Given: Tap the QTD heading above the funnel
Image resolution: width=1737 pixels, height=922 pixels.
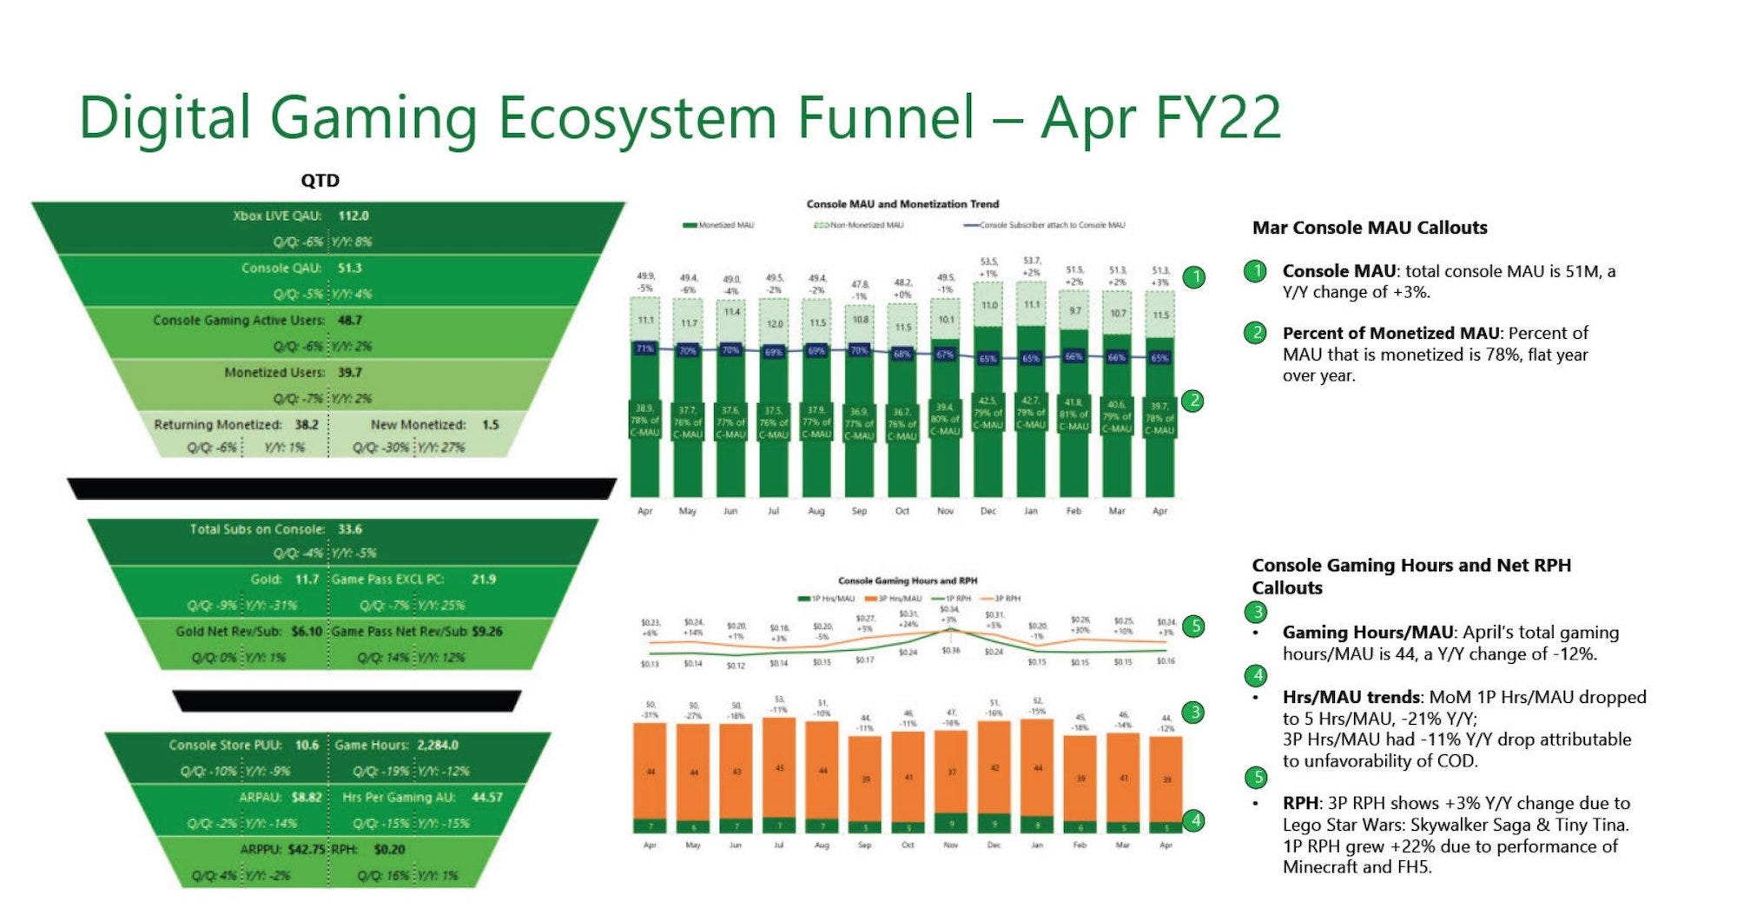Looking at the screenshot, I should point(320,181).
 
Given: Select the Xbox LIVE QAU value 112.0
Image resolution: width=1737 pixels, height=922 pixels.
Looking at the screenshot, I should point(353,216).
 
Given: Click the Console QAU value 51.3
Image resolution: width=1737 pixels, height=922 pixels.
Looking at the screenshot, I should point(349,268).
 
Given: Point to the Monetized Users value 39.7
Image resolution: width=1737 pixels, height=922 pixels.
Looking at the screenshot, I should point(349,372).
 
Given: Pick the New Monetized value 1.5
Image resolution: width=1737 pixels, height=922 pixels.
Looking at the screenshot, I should point(490,425).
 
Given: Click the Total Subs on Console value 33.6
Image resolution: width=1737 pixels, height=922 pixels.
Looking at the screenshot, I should point(349,528).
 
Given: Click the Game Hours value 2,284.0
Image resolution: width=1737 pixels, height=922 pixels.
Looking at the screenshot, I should point(437,745).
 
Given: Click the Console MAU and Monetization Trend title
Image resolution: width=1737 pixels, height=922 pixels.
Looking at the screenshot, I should point(902,204).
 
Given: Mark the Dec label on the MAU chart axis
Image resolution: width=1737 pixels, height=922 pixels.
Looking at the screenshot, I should point(988,511).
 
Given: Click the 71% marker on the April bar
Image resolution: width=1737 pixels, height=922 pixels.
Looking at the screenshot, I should point(644,348).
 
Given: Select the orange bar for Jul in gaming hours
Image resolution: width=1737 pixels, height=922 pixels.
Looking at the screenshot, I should point(779,769).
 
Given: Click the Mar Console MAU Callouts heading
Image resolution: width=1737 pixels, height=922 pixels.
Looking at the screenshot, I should point(1369,228).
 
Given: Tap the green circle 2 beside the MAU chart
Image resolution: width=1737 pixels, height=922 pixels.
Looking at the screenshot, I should point(1194,401).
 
